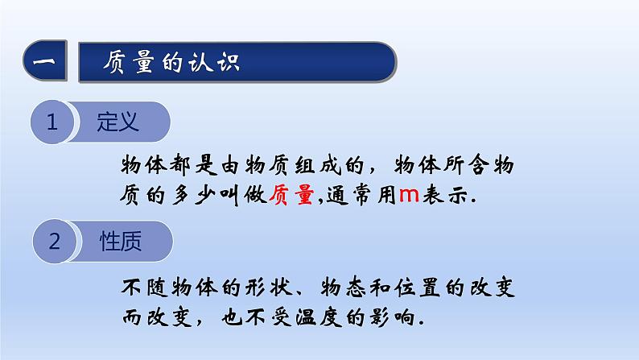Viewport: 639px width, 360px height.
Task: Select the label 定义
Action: pos(118,122)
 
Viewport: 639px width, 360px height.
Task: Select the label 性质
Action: pos(120,241)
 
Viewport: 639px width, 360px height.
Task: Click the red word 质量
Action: pos(295,196)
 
